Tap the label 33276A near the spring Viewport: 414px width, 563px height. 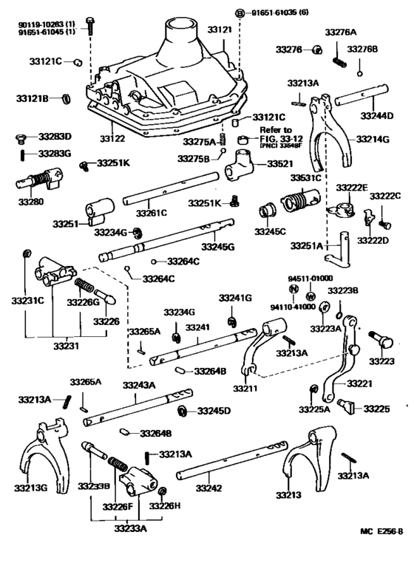pos(340,33)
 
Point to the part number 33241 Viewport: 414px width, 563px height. pos(197,327)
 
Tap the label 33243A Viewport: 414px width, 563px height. pos(138,384)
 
